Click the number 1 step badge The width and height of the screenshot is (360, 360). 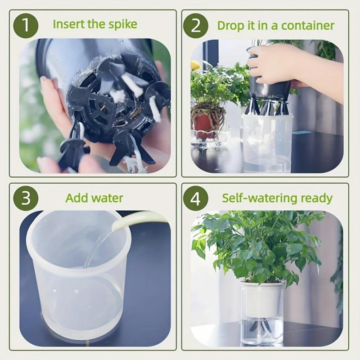click(26, 25)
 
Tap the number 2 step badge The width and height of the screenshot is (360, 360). click(196, 25)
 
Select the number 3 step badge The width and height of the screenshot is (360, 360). click(26, 198)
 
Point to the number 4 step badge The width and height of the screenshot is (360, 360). click(196, 198)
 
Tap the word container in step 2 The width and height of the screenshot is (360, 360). click(308, 25)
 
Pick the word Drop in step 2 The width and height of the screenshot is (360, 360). click(230, 25)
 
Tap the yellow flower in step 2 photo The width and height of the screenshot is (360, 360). click(195, 65)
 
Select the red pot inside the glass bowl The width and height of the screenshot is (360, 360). click(204, 123)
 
